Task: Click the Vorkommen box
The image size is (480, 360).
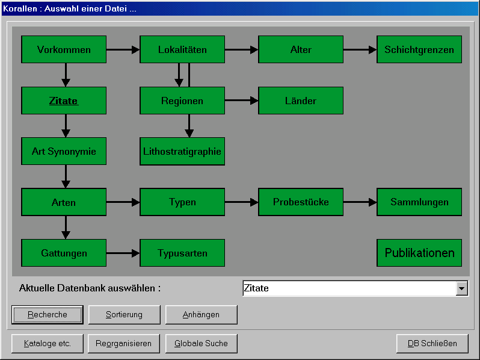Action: [64, 49]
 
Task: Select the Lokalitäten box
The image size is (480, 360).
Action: [182, 49]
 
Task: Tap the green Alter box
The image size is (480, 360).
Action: [301, 49]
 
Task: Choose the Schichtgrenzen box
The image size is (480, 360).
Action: [419, 49]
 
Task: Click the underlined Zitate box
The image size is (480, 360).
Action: [64, 101]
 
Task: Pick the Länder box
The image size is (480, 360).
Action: [301, 101]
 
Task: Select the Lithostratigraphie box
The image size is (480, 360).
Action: [182, 151]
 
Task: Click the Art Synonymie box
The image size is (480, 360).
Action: [64, 151]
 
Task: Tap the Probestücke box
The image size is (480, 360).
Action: [301, 202]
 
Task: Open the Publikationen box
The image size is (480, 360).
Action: [419, 253]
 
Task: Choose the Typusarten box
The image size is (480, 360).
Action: [182, 253]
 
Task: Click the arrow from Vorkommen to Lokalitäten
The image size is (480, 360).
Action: [123, 49]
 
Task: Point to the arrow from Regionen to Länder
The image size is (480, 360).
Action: [242, 100]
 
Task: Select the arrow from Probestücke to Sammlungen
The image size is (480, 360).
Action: [360, 202]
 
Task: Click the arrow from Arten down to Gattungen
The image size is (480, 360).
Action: [66, 228]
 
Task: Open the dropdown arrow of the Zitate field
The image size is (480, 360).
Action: [461, 288]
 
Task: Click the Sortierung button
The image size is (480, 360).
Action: [125, 315]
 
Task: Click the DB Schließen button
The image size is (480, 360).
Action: [432, 344]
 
